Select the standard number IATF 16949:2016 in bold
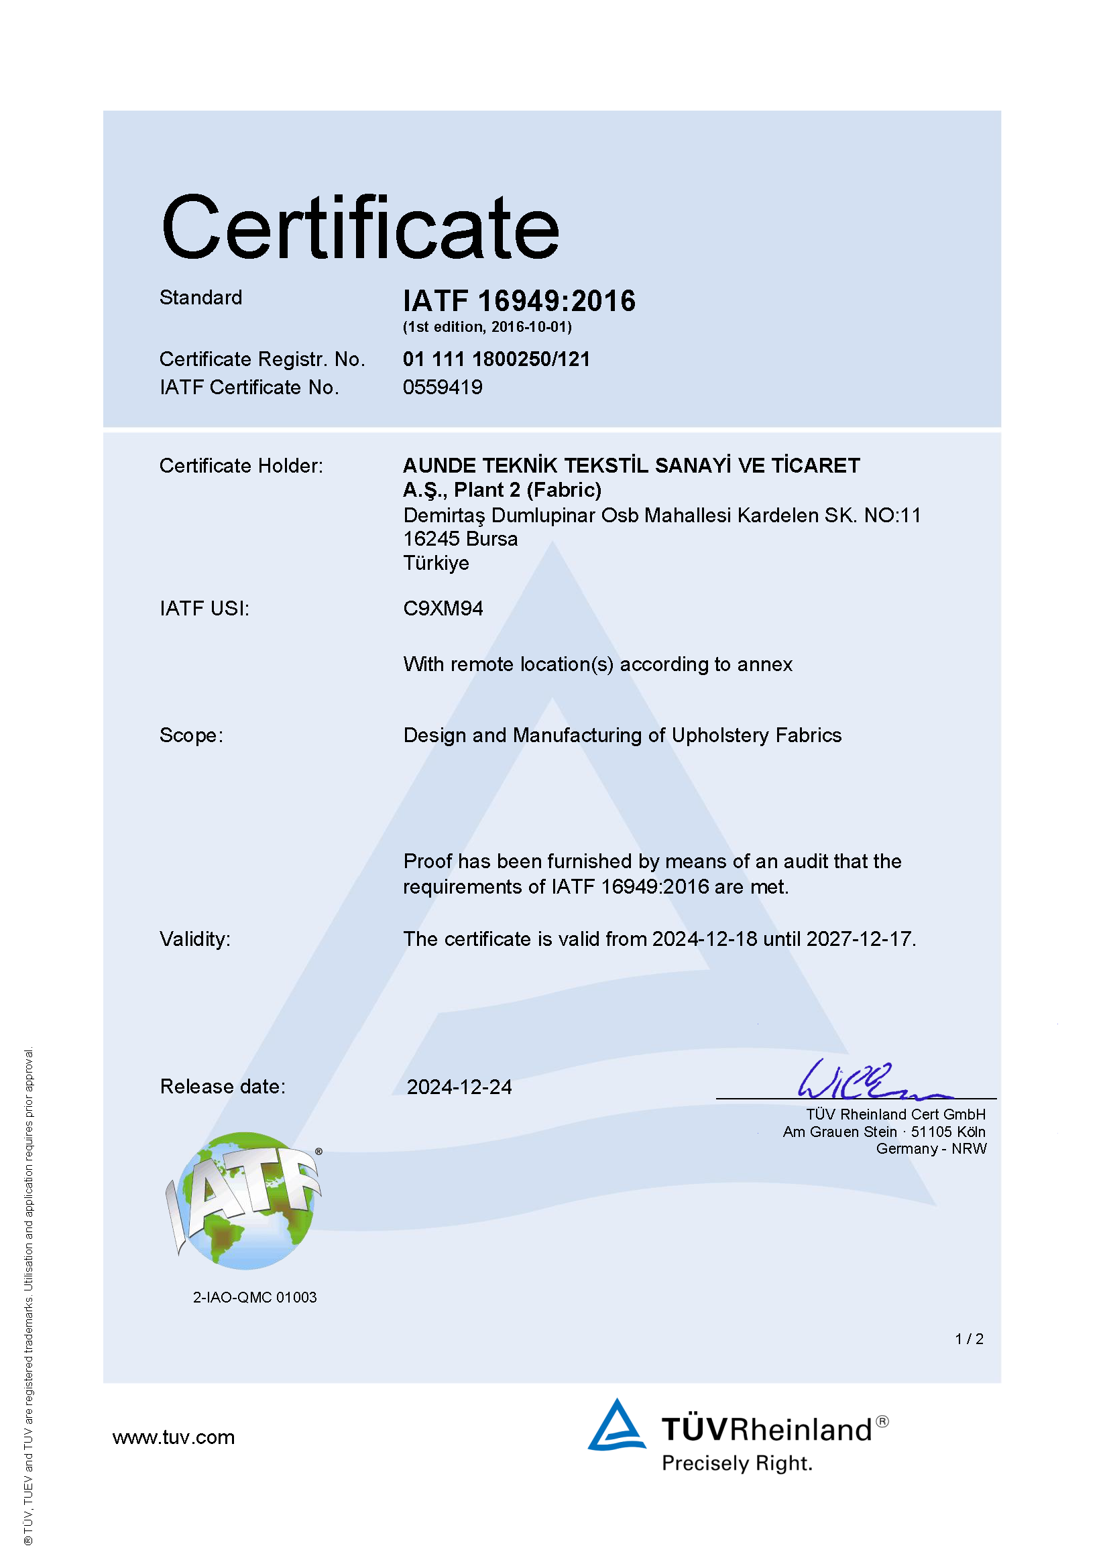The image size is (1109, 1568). pos(519,301)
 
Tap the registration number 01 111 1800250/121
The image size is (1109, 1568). pos(496,359)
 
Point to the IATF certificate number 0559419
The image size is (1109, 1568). pos(443,387)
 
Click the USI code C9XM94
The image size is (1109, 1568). pos(443,609)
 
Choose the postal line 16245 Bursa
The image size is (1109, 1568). pos(460,539)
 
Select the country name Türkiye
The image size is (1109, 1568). pos(436,563)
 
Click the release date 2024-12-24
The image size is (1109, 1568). pos(459,1087)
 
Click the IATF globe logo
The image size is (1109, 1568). pos(244,1201)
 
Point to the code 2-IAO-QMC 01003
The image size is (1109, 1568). pos(255,1298)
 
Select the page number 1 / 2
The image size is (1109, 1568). pos(969,1339)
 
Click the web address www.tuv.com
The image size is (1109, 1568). pos(174,1437)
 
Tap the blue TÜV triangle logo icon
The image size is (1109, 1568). pos(617,1425)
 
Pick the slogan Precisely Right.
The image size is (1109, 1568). pos(737,1463)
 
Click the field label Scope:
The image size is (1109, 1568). pos(191,735)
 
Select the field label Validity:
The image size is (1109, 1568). pos(195,939)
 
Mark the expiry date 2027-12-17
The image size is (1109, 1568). pos(859,939)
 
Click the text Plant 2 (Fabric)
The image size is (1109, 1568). pos(527,489)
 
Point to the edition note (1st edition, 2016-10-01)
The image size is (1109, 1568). pos(487,327)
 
